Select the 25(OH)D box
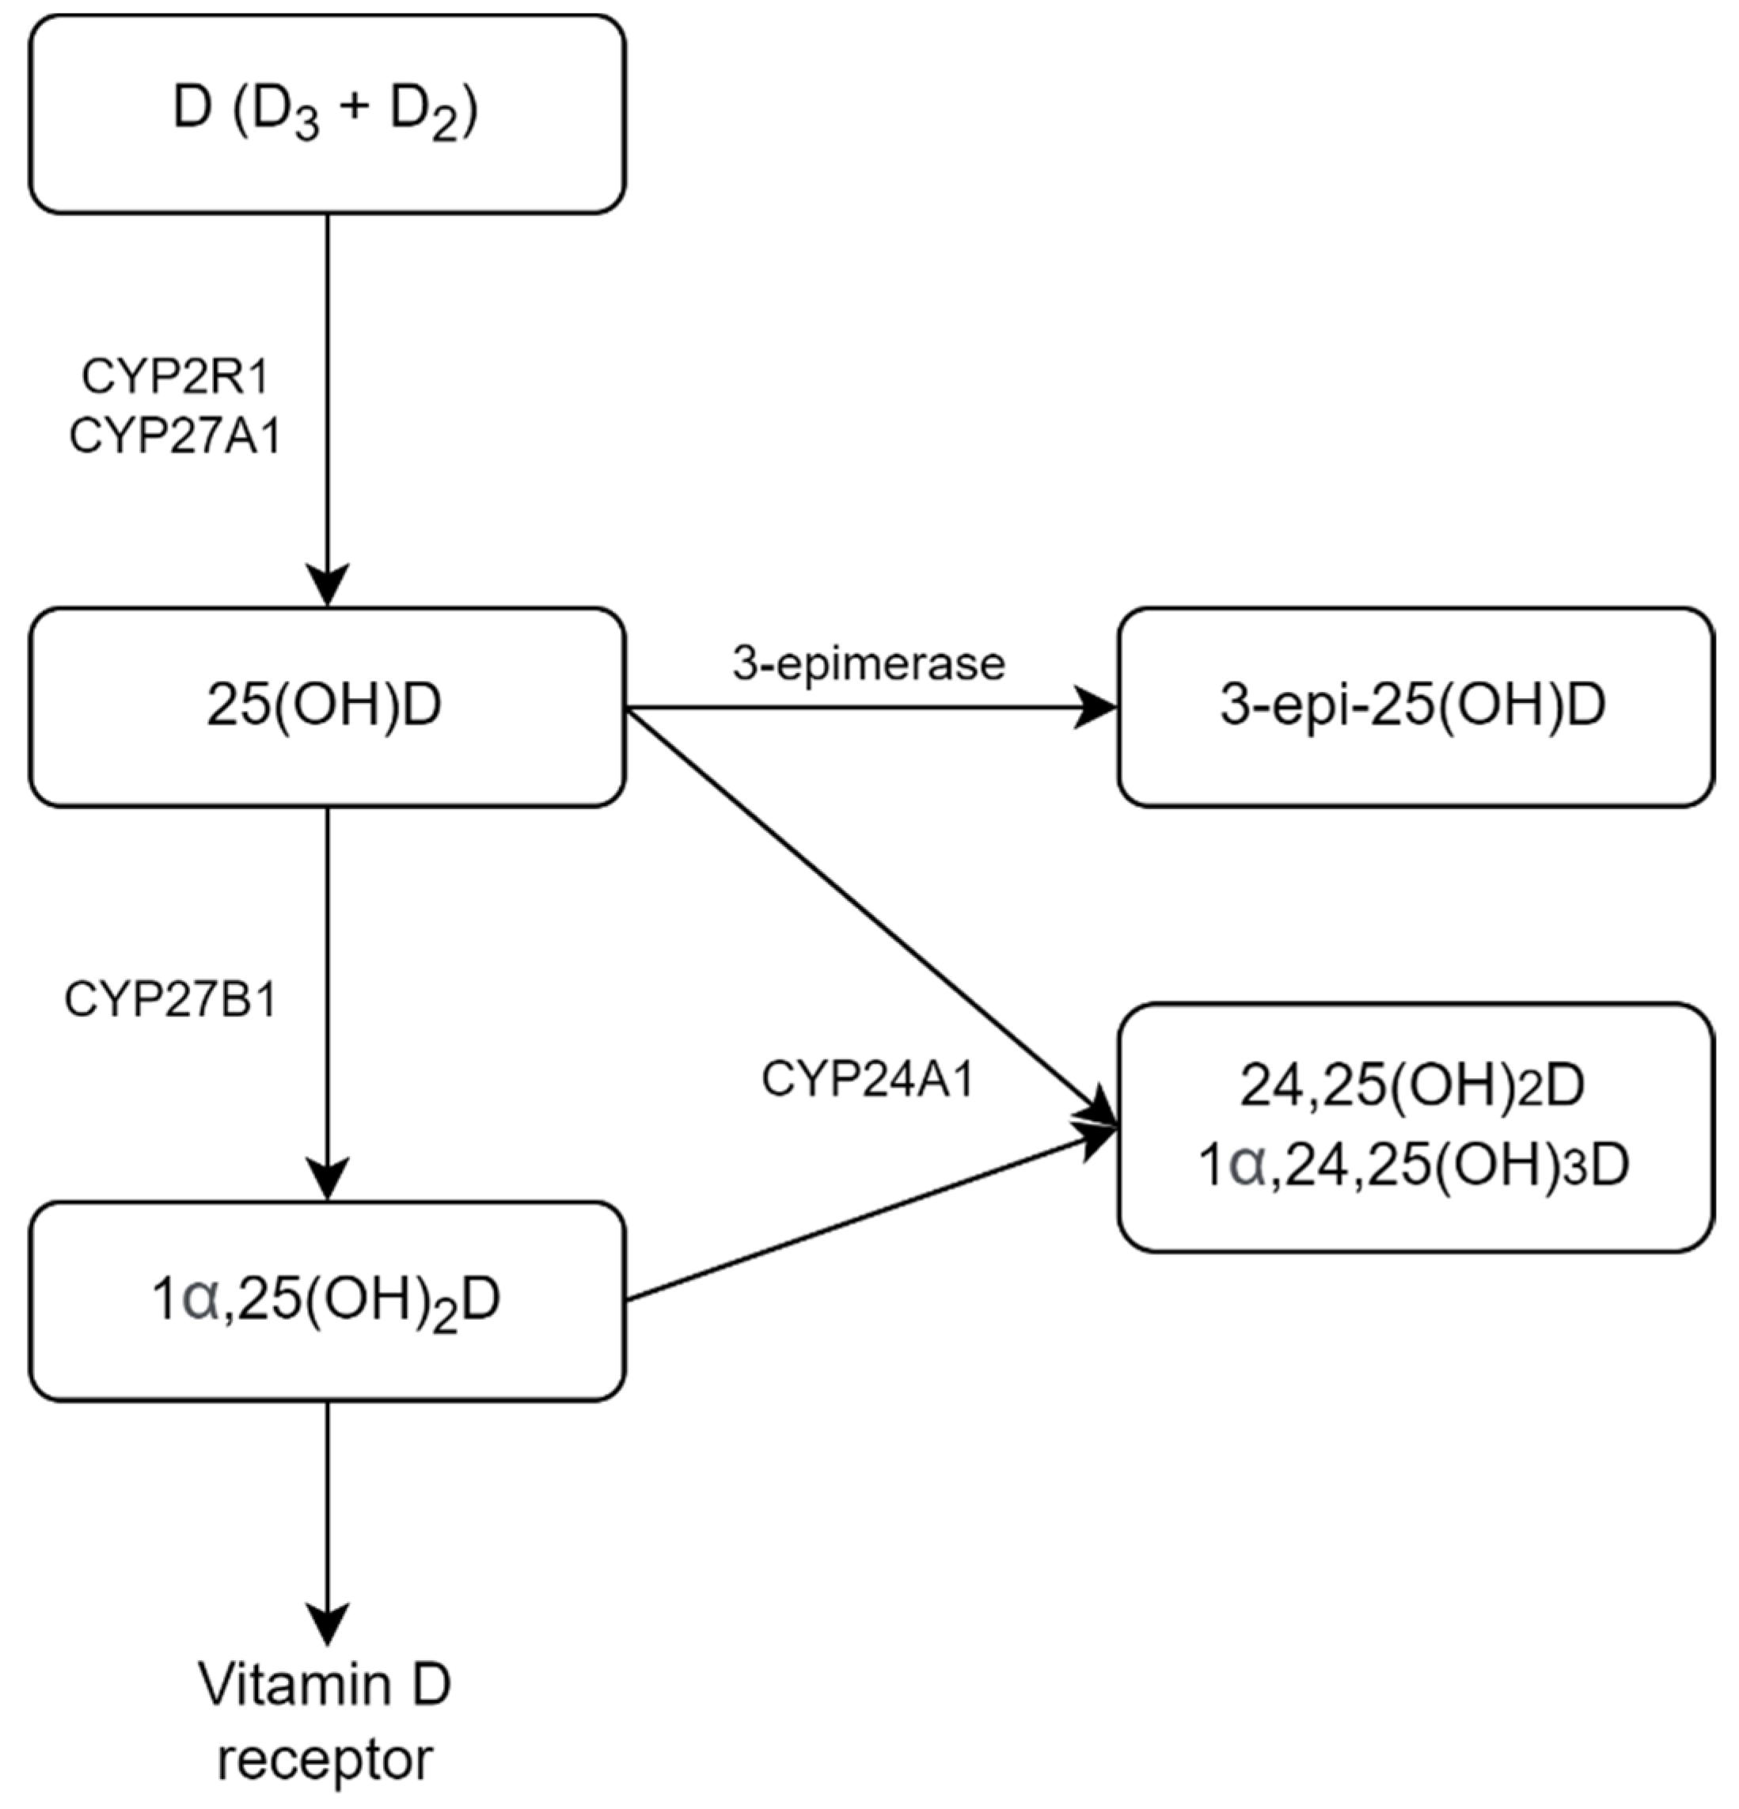(x=327, y=707)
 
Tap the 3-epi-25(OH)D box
(x=1415, y=707)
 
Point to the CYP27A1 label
(x=174, y=436)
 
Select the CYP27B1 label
(x=171, y=1001)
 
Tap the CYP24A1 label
(x=868, y=1081)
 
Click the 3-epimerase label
(x=868, y=663)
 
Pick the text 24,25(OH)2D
(x=1411, y=1087)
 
